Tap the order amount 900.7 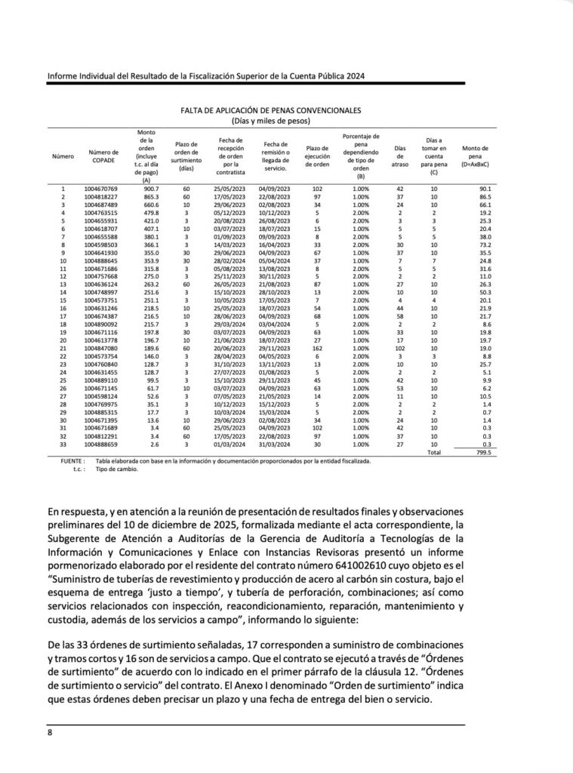click(x=146, y=188)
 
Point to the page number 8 click(x=49, y=732)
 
